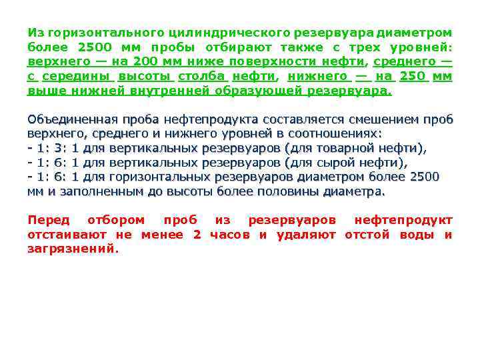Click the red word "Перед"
point(48,220)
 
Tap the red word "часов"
point(229,235)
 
